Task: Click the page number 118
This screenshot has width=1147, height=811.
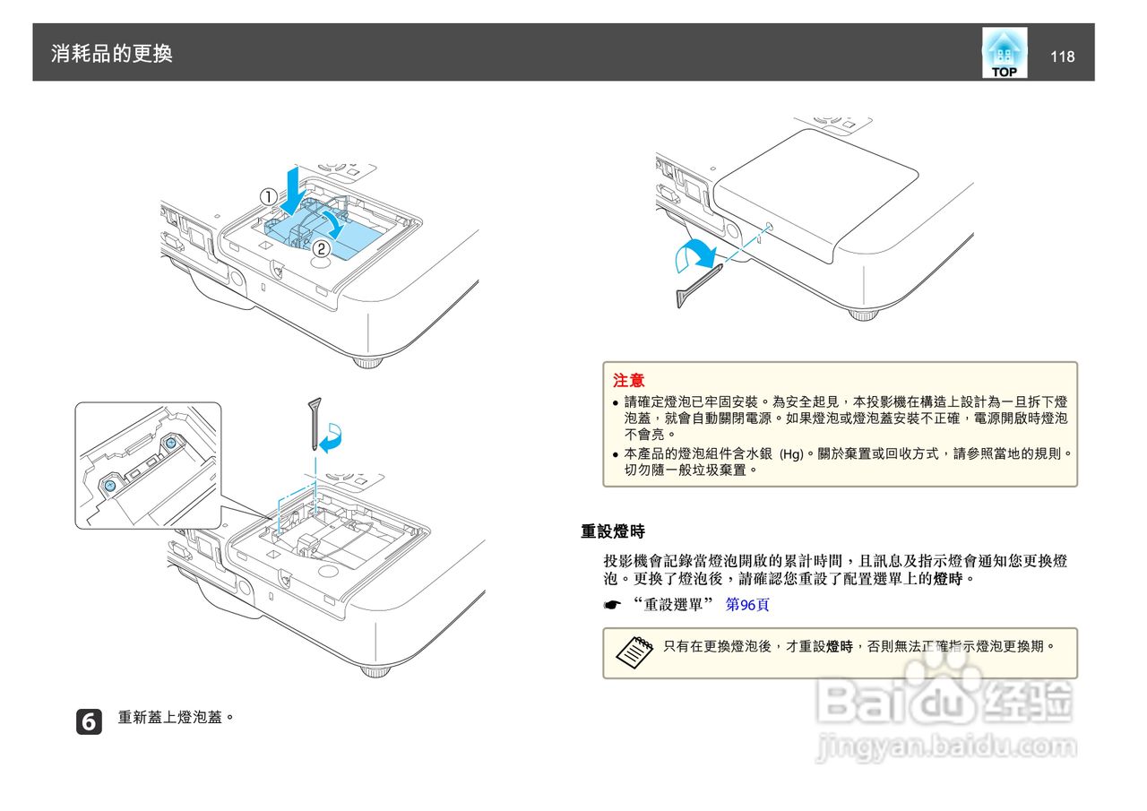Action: (x=1062, y=56)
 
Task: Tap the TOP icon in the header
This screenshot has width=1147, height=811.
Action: (x=1005, y=53)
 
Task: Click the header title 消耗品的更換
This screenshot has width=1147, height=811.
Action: (x=112, y=54)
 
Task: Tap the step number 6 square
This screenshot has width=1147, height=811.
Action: (x=89, y=720)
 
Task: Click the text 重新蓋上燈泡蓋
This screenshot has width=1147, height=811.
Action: (x=176, y=718)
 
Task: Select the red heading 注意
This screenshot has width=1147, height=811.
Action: (x=628, y=380)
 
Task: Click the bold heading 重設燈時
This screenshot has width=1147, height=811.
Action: (x=613, y=531)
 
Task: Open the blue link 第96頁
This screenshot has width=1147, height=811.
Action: (x=747, y=605)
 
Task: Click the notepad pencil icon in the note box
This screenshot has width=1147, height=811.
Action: (x=634, y=652)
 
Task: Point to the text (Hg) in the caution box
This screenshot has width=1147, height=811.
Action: (x=791, y=453)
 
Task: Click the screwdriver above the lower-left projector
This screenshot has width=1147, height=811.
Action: (x=315, y=422)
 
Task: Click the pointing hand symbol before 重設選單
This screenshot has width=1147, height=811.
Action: (x=613, y=605)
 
